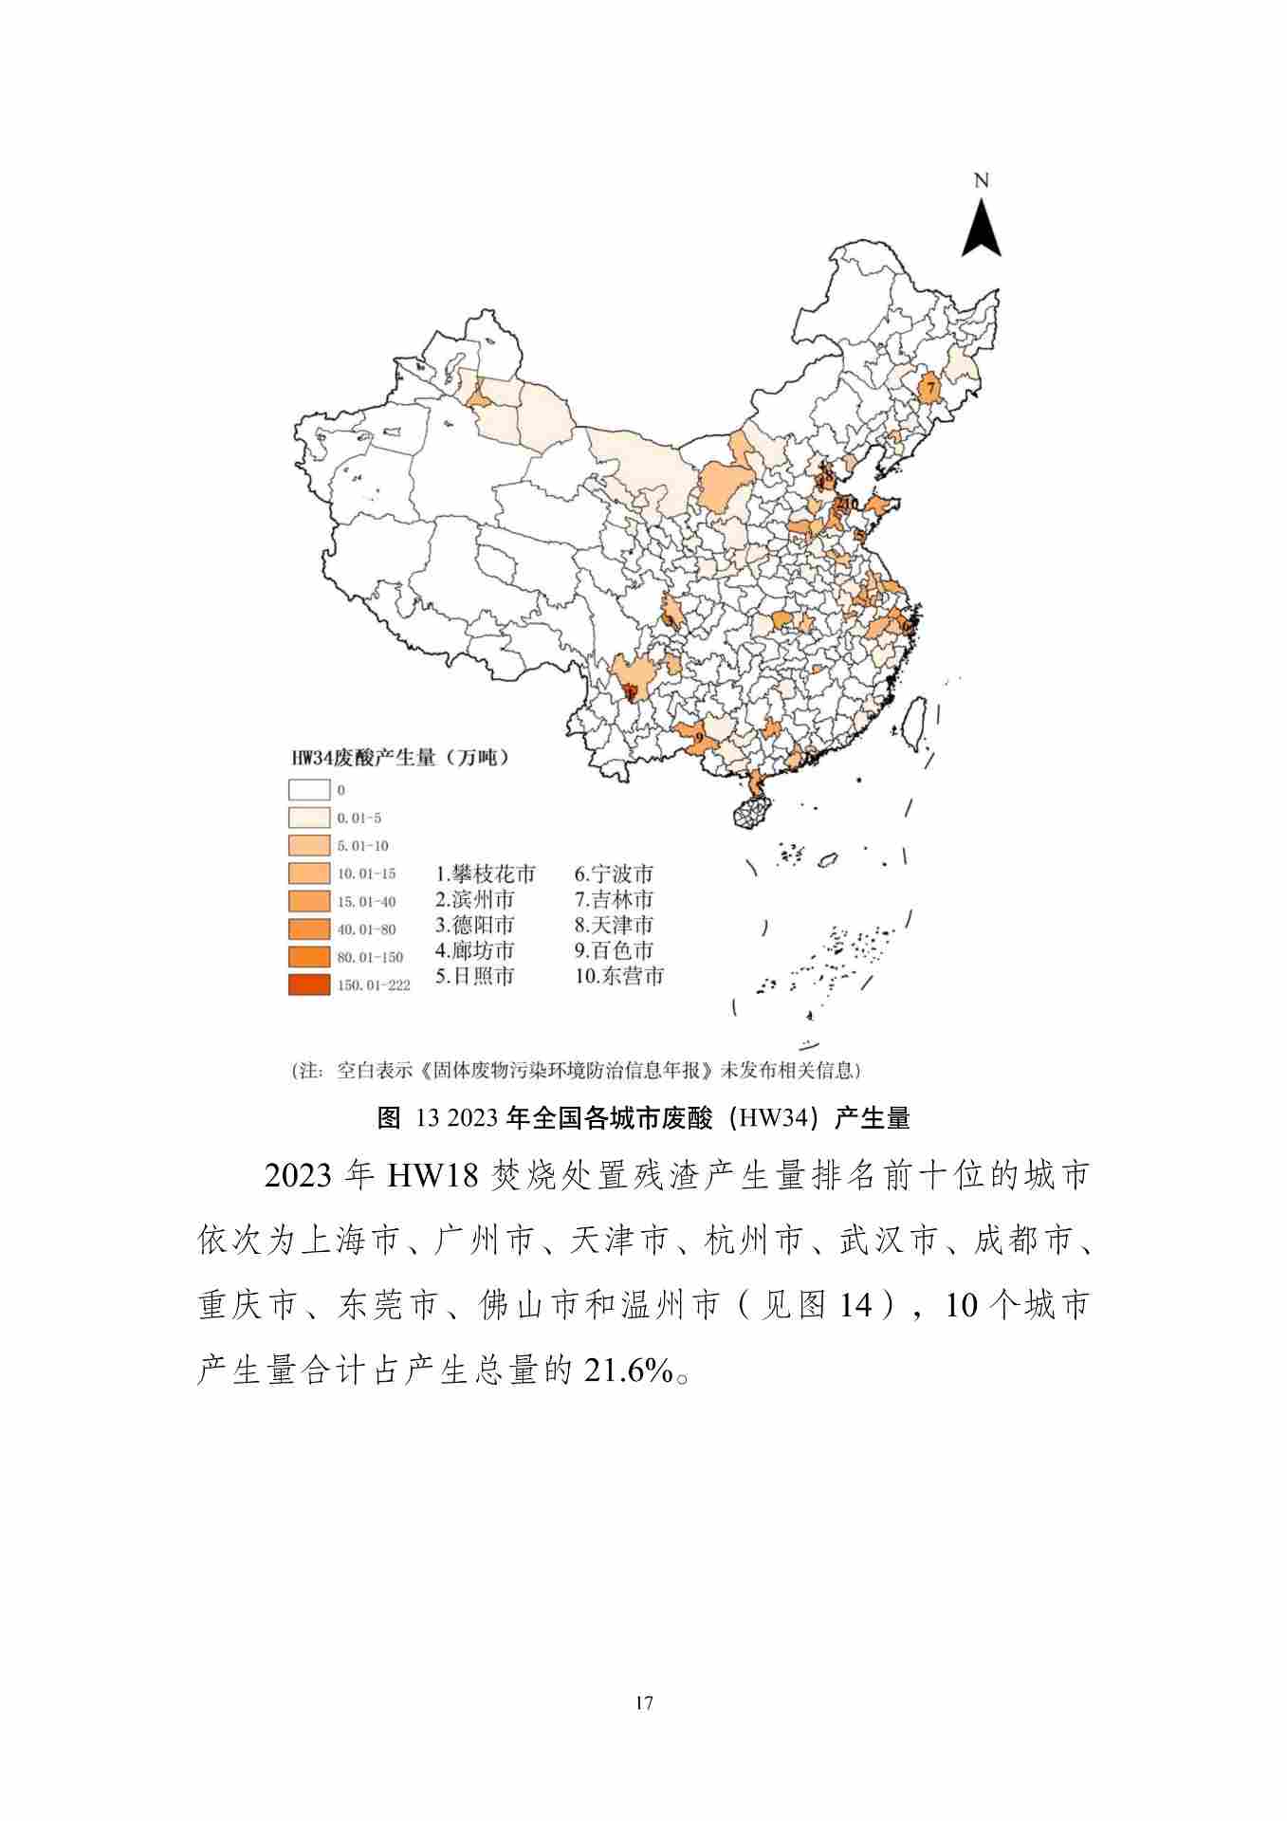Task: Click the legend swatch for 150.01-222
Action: click(x=309, y=984)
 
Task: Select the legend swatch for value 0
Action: click(x=309, y=789)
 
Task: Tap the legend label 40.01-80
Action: click(x=366, y=929)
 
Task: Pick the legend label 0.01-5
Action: click(x=359, y=818)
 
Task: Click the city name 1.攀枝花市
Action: click(x=486, y=874)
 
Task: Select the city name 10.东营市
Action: click(x=618, y=976)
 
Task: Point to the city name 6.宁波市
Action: click(x=614, y=874)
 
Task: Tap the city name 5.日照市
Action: click(x=475, y=976)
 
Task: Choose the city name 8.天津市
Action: click(x=614, y=925)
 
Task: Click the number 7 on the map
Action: click(x=930, y=388)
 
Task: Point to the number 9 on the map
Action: click(x=698, y=737)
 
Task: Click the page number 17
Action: click(x=644, y=1702)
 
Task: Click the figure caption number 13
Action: click(x=428, y=1118)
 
